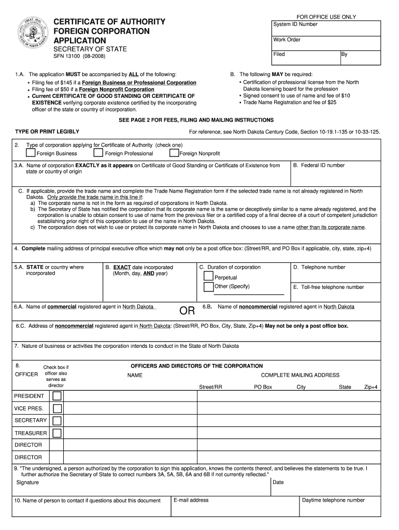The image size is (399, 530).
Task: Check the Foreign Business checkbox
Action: pyautogui.click(x=31, y=153)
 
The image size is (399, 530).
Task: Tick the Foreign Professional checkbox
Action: pyautogui.click(x=98, y=153)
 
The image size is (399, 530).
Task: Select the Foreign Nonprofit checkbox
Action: pyautogui.click(x=174, y=153)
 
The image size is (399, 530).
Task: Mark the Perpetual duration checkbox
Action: pyautogui.click(x=208, y=276)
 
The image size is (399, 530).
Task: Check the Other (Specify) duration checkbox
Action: pyautogui.click(x=208, y=287)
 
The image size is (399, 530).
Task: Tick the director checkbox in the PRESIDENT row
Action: pyautogui.click(x=57, y=396)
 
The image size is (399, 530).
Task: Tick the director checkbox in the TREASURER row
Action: pyautogui.click(x=57, y=433)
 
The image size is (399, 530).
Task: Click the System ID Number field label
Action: pyautogui.click(x=295, y=24)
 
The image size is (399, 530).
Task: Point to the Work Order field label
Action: pyautogui.click(x=287, y=40)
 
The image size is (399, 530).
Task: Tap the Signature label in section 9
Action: pyautogui.click(x=27, y=482)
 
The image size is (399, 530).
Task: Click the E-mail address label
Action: pyautogui.click(x=191, y=500)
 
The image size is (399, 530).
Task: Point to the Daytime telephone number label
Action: pyautogui.click(x=333, y=500)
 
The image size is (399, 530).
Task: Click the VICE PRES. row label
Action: pyautogui.click(x=28, y=408)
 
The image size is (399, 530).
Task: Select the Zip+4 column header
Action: pyautogui.click(x=370, y=387)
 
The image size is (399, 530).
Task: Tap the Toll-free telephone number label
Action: pyautogui.click(x=329, y=287)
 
